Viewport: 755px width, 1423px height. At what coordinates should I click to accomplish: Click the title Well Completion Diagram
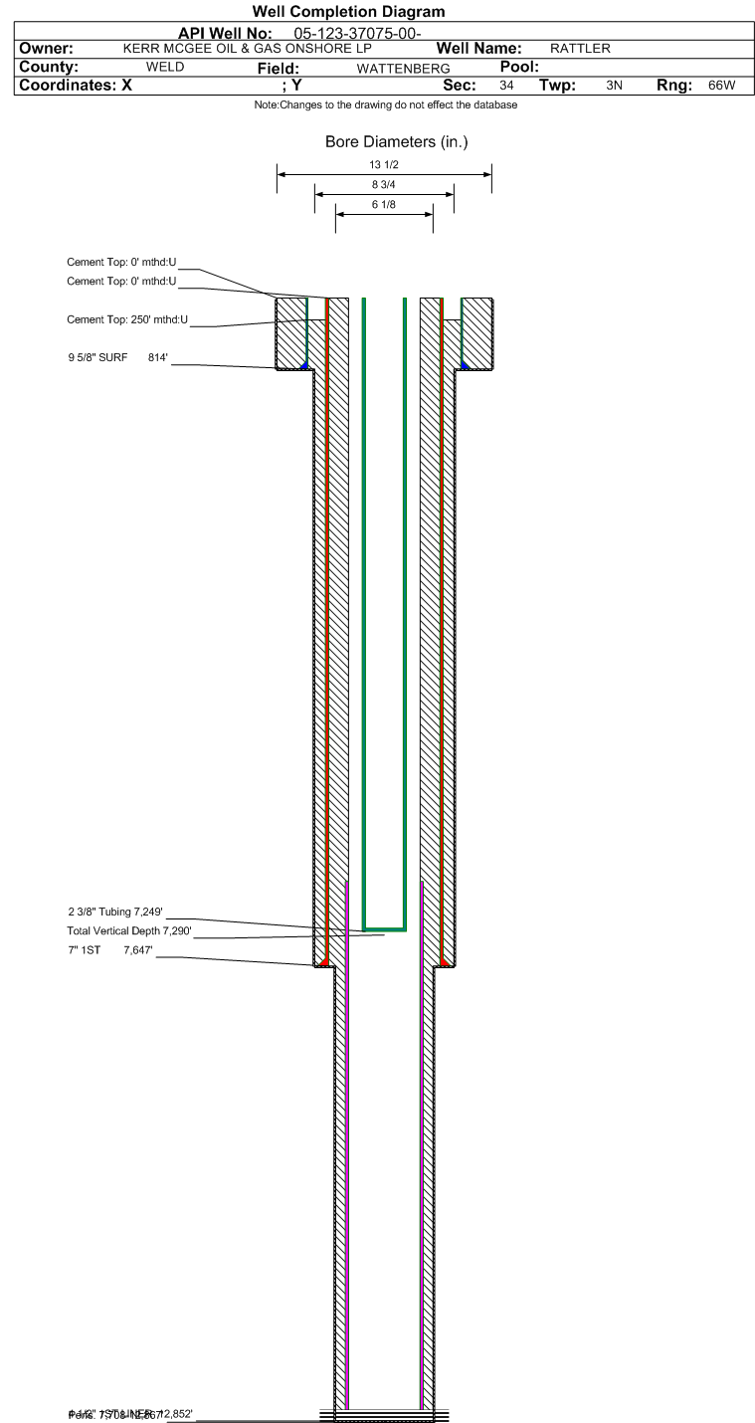[348, 12]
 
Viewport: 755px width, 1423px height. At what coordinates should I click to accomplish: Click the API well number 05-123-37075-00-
[358, 33]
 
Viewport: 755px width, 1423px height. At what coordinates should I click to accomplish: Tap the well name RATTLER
[580, 48]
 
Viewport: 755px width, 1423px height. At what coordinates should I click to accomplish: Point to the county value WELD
[164, 67]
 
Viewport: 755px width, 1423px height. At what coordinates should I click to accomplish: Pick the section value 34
[506, 86]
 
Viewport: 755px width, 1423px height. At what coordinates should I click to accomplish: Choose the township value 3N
[614, 86]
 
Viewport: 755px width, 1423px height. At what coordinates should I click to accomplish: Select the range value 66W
[721, 86]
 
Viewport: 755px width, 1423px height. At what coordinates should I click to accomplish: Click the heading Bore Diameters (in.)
[396, 142]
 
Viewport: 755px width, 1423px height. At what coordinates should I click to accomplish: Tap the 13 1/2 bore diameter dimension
[383, 165]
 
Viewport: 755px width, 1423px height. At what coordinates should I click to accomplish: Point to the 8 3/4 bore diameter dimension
[384, 185]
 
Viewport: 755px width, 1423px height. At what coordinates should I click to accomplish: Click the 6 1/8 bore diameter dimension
[384, 204]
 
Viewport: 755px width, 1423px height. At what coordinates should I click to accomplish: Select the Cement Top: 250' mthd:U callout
[127, 319]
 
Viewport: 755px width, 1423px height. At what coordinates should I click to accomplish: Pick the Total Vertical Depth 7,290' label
[128, 930]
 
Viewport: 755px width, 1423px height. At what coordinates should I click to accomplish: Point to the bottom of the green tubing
[384, 928]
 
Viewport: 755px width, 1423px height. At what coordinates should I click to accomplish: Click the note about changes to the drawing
[385, 104]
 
